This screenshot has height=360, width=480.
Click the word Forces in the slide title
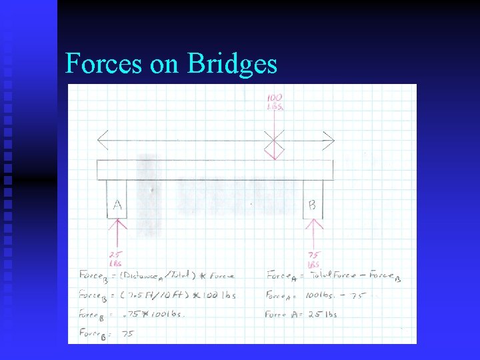(x=103, y=64)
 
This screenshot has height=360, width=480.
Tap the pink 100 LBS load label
(x=274, y=102)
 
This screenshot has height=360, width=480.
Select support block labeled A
(x=117, y=199)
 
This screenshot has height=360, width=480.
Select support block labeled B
(x=312, y=199)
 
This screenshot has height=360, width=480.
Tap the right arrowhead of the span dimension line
(x=328, y=140)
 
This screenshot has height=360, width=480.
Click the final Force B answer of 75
(x=127, y=334)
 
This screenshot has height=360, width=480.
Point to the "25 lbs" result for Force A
(x=323, y=315)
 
